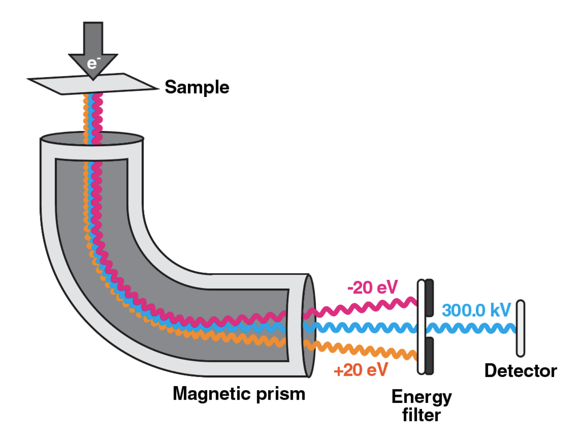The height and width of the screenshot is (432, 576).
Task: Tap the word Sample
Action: point(197,87)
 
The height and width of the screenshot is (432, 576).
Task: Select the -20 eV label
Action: point(372,288)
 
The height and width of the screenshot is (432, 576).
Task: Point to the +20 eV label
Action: point(361,370)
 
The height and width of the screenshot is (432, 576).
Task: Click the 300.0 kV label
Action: point(476,310)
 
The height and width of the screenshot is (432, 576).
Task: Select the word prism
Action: point(280,394)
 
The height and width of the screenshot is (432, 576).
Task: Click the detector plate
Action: point(521,328)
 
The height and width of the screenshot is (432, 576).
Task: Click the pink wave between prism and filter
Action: point(362,307)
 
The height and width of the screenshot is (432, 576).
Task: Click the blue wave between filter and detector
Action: point(469,328)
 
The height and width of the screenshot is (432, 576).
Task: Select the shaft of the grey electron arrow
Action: point(93,38)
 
